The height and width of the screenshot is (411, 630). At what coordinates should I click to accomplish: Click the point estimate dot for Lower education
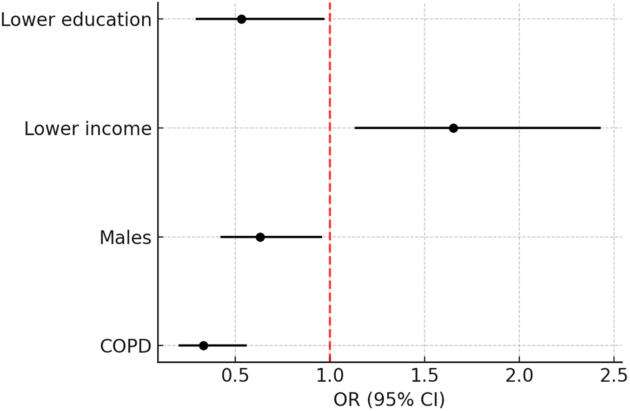point(241,19)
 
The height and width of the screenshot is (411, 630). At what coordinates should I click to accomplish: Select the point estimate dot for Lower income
point(453,128)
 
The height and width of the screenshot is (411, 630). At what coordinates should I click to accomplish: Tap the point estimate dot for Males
point(260,237)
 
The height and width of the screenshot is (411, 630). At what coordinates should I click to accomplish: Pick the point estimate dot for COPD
point(203,345)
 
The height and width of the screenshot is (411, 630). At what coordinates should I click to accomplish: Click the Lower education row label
point(76,20)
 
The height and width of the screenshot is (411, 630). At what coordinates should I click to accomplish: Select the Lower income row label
point(88,129)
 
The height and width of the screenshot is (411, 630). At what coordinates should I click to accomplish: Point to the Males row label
point(126,238)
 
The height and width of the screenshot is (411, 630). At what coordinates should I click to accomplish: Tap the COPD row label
point(126,346)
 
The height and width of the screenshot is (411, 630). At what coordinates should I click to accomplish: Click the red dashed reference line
point(330,186)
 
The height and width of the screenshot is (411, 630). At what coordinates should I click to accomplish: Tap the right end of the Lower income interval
point(600,128)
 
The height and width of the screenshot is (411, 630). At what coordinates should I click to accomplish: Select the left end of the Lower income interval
point(355,128)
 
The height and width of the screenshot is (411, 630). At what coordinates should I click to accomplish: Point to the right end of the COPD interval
point(246,345)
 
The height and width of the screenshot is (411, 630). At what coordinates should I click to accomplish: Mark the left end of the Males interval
point(220,237)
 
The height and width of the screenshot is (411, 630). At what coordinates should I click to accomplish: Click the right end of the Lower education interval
point(324,19)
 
